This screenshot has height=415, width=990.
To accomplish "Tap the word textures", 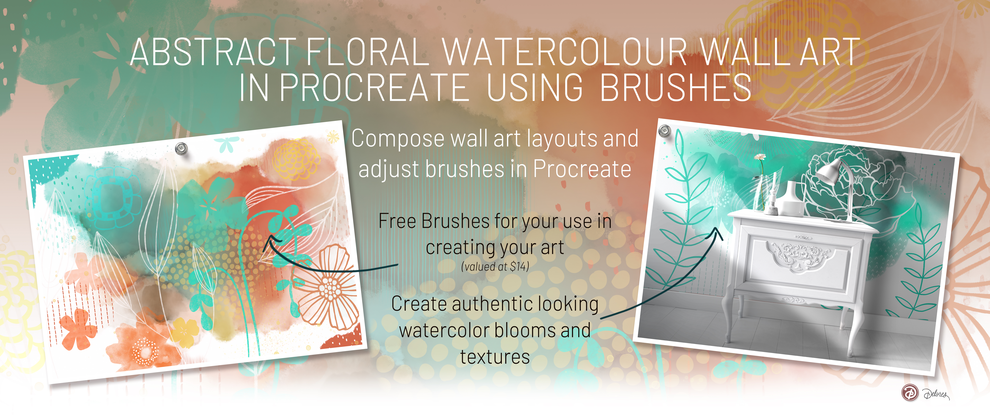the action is click(495, 357).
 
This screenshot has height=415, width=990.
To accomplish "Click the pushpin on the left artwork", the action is click(181, 148).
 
